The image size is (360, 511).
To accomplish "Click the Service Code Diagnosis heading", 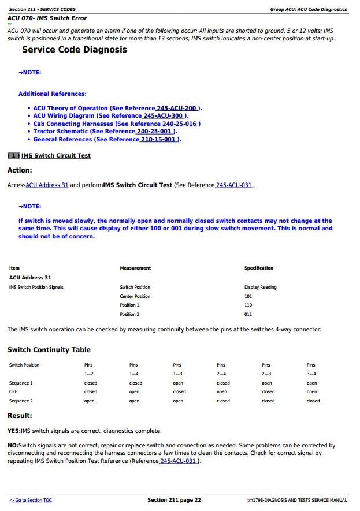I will click(74, 50).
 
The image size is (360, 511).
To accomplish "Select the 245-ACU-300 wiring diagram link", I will click(165, 116).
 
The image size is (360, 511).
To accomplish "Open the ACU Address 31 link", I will click(47, 185).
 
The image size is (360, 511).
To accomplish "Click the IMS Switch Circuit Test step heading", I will click(55, 156).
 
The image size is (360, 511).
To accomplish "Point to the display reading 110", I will click(248, 305).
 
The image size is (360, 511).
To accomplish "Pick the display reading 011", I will click(248, 314).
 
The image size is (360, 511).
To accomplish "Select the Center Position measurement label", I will click(135, 296).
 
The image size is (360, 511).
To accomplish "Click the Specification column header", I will click(258, 268).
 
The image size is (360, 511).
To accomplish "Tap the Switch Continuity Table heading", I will click(49, 350).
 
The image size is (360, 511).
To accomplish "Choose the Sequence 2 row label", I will click(21, 401).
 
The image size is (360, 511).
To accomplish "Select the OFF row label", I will click(13, 391).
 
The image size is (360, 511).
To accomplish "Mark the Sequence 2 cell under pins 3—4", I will click(313, 401).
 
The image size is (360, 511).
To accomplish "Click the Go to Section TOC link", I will click(30, 500).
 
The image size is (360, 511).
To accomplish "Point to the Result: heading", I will click(20, 416).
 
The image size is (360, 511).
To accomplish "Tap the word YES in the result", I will click(13, 431).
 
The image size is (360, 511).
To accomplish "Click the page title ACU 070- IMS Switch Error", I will click(47, 18).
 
